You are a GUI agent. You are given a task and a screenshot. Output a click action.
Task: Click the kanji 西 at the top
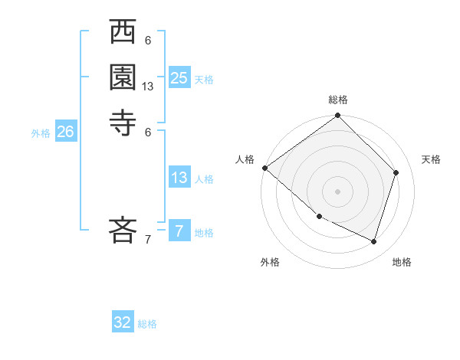click(123, 34)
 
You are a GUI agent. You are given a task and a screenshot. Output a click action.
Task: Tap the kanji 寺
click(123, 123)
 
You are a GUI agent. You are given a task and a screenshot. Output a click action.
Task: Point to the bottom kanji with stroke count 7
click(123, 230)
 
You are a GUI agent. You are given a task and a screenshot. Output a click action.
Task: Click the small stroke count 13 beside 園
click(148, 87)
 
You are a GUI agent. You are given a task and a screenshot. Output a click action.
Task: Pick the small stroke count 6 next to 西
click(148, 41)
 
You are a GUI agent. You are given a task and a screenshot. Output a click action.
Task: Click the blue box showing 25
click(179, 77)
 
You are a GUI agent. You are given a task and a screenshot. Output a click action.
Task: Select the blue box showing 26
click(65, 132)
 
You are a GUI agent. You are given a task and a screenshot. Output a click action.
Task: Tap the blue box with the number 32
click(123, 322)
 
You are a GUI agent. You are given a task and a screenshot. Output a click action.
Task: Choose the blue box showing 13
click(179, 178)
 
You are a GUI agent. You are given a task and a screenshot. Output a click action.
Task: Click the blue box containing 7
click(179, 231)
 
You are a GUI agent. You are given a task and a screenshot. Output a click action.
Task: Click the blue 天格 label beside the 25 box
click(204, 79)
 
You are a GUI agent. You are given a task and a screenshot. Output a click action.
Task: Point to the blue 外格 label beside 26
click(41, 133)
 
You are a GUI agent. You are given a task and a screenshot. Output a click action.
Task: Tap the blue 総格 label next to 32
click(147, 324)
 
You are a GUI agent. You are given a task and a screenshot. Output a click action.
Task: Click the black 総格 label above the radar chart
click(338, 100)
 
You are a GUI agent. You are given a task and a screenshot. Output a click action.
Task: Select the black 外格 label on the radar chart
click(270, 262)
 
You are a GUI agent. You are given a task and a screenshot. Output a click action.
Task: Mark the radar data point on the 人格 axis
click(264, 168)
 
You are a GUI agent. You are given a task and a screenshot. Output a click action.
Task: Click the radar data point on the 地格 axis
click(374, 242)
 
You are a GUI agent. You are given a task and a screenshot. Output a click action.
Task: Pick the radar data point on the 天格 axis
click(396, 172)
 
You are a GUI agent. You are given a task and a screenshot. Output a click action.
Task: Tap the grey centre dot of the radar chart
click(338, 191)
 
